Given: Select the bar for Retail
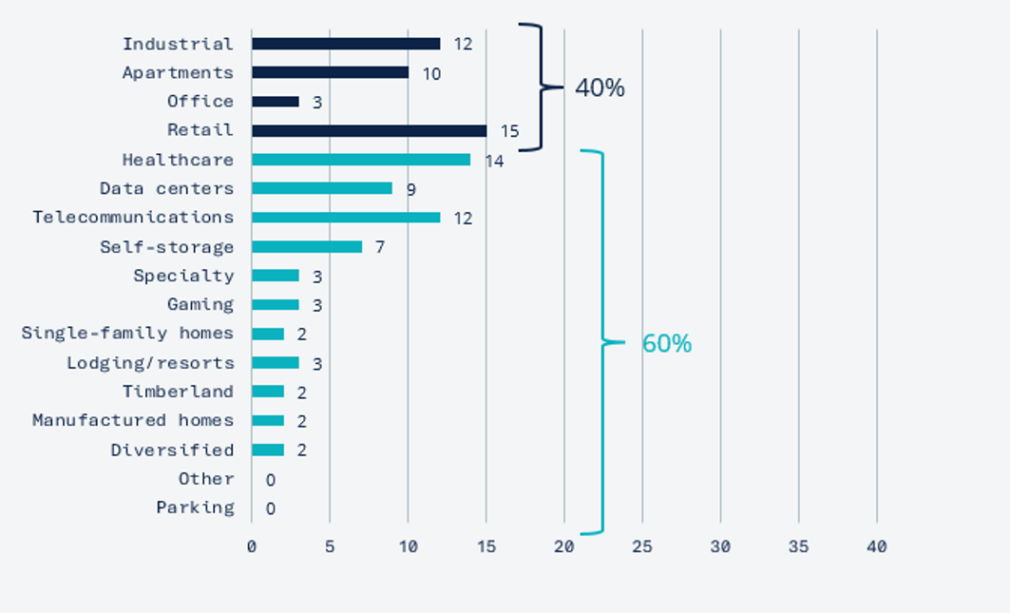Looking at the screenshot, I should [369, 130].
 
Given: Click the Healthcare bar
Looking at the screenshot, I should [361, 160].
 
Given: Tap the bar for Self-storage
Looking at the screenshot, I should [307, 247].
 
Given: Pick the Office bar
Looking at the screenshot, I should [276, 102].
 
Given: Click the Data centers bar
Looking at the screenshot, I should [322, 188].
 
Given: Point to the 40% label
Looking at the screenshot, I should [600, 88].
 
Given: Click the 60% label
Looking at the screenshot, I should [667, 344].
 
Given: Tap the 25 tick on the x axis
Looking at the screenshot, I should [642, 547].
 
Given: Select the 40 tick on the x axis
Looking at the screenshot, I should [877, 547].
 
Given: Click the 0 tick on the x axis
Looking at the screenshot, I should [252, 547].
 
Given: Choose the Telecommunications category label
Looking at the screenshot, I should [133, 218].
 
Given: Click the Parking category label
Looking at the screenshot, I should [195, 508].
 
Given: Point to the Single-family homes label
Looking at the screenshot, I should [127, 334].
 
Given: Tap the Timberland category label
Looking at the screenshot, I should [178, 392].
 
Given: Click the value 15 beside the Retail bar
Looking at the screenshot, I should [510, 131].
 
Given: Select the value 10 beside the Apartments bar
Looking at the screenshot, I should [431, 73].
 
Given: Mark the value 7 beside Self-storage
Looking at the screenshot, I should [379, 247].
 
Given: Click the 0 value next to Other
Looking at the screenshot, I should [270, 480].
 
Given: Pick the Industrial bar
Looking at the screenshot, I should [346, 44].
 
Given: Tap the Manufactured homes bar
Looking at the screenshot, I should [268, 421].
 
